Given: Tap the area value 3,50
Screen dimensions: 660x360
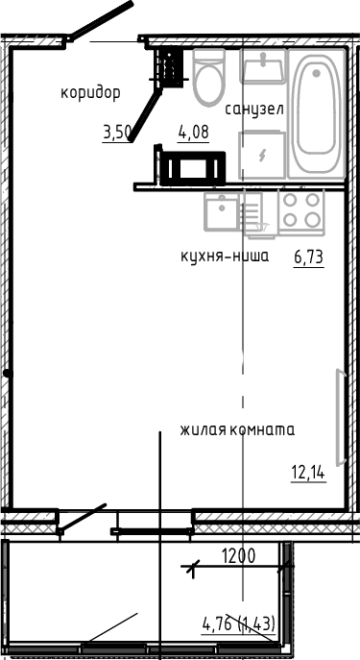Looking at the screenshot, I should pyautogui.click(x=116, y=134).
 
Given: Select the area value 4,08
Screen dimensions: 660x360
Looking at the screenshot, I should pyautogui.click(x=194, y=134).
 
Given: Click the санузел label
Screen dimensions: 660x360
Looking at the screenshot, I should pyautogui.click(x=254, y=110).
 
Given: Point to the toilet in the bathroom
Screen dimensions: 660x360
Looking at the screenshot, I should pyautogui.click(x=208, y=79).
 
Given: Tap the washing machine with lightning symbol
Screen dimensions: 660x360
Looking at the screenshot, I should pyautogui.click(x=261, y=155).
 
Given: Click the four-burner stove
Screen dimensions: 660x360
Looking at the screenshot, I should pyautogui.click(x=300, y=211).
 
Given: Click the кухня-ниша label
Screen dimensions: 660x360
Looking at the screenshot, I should pyautogui.click(x=225, y=257).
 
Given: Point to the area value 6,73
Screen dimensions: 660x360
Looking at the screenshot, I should pyautogui.click(x=307, y=257).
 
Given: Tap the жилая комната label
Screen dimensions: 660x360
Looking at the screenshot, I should pyautogui.click(x=236, y=430).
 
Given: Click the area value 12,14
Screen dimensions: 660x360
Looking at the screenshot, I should pyautogui.click(x=307, y=471).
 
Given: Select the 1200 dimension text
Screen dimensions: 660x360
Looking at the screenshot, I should pyautogui.click(x=239, y=554).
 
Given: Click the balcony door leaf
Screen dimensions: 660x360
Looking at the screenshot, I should pyautogui.click(x=83, y=519).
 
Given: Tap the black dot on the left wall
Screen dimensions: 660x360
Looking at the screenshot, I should pyautogui.click(x=6, y=373).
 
